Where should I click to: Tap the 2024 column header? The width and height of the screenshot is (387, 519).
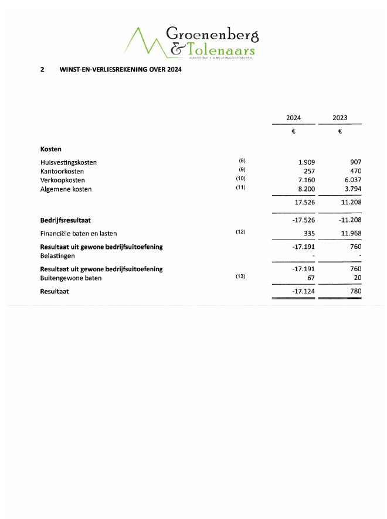(x=293, y=118)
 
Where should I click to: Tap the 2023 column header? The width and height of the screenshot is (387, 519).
(x=340, y=118)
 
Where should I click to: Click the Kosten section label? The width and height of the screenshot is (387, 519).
(x=51, y=149)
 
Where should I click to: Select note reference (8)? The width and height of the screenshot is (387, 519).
(x=242, y=161)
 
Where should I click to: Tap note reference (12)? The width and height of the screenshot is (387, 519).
(x=240, y=232)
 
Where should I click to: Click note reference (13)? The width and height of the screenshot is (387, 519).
(x=240, y=276)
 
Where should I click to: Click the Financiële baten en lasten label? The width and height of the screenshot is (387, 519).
(x=76, y=233)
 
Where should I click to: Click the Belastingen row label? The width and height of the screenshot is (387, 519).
(x=57, y=256)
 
